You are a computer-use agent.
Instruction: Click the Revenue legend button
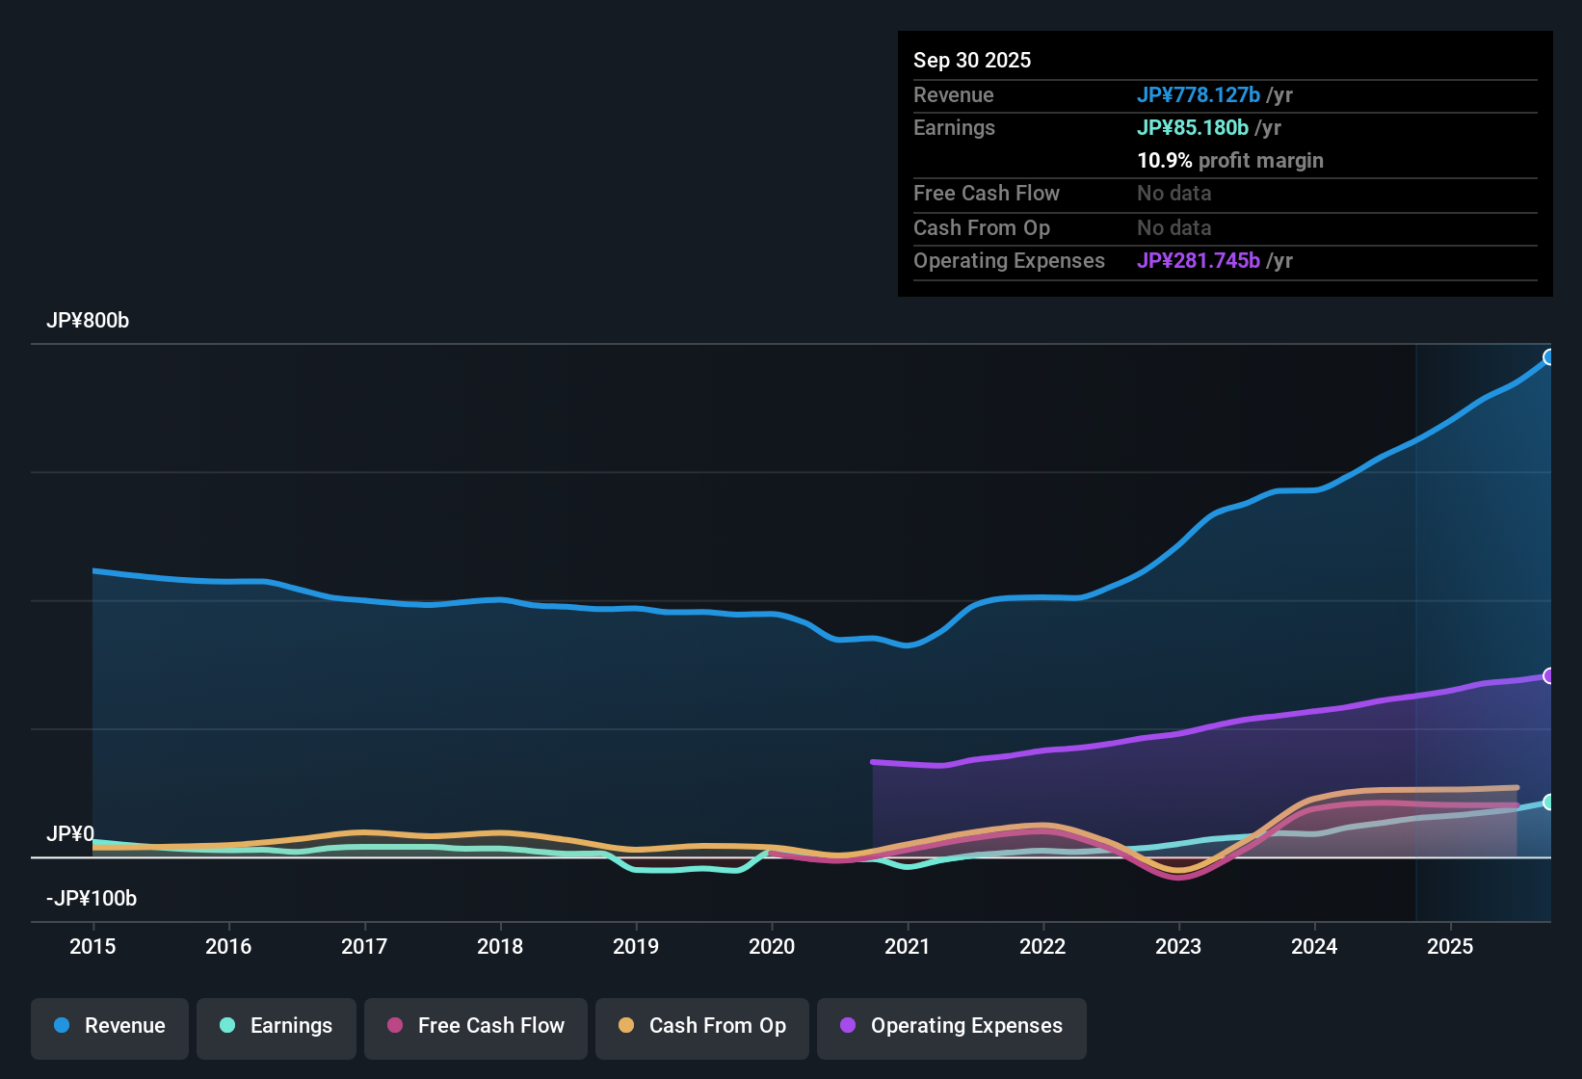[x=110, y=1026]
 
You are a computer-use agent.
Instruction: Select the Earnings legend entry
[x=277, y=1026]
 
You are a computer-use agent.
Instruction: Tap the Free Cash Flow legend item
[x=476, y=1026]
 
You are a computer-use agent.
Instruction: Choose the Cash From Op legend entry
[x=702, y=1026]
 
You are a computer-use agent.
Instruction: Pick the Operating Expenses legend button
[x=952, y=1026]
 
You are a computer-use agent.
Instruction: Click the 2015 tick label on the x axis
[x=92, y=946]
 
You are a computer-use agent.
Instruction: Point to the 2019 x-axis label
[x=636, y=946]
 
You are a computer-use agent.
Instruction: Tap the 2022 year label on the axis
[x=1042, y=946]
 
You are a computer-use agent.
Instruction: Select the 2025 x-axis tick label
[x=1450, y=946]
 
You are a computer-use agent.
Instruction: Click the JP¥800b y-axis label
[x=88, y=321]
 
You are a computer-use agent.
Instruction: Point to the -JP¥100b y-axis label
[x=92, y=899]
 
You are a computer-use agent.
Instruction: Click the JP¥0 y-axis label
[x=70, y=834]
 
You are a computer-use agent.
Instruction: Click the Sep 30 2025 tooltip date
[x=972, y=60]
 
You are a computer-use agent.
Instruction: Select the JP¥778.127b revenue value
[x=1199, y=94]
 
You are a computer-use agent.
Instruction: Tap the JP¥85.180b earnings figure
[x=1193, y=127]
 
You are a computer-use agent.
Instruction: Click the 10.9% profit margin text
[x=1230, y=160]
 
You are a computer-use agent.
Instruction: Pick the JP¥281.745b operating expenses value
[x=1199, y=260]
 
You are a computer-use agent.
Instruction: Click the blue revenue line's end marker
[x=1549, y=357]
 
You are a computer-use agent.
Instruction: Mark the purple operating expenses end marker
[x=1549, y=676]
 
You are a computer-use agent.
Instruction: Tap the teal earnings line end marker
[x=1549, y=803]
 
